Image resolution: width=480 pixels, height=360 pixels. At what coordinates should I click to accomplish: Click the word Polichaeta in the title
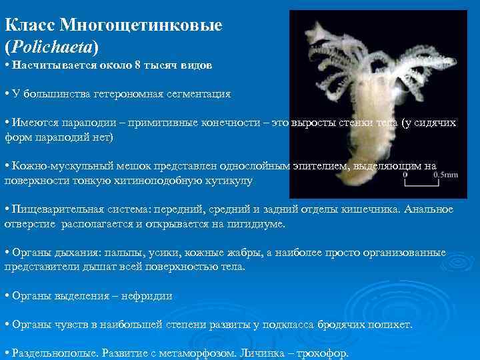[x=51, y=47]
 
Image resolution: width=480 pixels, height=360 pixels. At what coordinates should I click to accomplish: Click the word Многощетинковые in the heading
[x=141, y=25]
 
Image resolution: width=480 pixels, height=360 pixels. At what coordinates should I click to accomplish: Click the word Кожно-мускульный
[x=53, y=166]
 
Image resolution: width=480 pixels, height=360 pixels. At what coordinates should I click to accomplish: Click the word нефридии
[x=145, y=296]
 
